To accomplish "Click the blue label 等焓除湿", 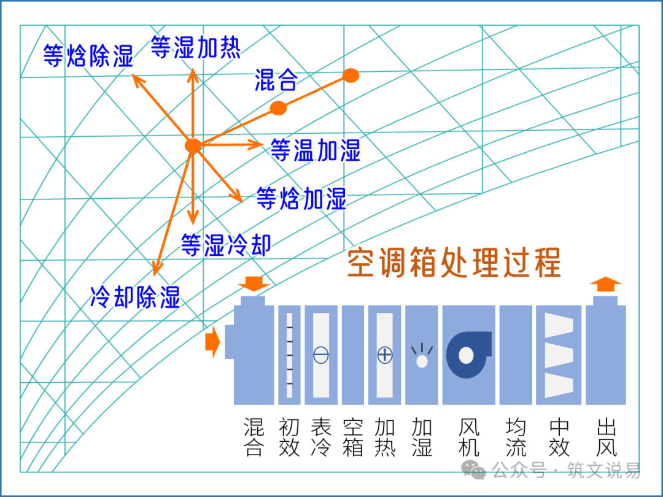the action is [x=88, y=56].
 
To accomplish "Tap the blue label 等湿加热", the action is [x=196, y=47].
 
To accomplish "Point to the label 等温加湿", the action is [x=315, y=150].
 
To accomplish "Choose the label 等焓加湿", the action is [x=301, y=198].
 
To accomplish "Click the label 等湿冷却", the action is [x=226, y=245].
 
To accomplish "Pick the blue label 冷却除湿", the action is [x=135, y=297].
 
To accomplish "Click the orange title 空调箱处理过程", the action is [x=454, y=263].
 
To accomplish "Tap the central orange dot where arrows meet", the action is [x=193, y=145].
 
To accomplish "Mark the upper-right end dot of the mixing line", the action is [x=351, y=75].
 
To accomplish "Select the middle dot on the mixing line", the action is [x=278, y=108].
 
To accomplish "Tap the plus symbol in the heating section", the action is [x=385, y=355].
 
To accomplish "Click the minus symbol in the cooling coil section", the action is [x=321, y=355].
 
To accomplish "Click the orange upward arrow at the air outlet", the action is [x=605, y=285].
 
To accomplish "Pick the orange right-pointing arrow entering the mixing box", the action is [x=212, y=342].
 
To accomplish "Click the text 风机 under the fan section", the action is [x=469, y=437].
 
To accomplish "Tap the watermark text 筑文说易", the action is [x=603, y=470].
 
